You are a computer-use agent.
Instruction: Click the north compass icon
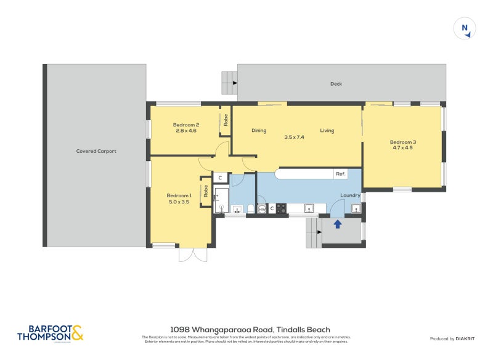pos(465,29)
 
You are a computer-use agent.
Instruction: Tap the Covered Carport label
pos(96,151)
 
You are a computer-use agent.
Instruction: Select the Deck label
pos(336,84)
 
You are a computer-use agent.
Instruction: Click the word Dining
pos(259,131)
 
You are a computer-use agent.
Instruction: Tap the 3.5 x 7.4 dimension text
pos(294,137)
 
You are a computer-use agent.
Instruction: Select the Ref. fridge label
pos(340,174)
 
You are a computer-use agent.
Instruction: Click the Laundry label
pos(350,196)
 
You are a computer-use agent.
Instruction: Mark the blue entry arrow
pos(338,224)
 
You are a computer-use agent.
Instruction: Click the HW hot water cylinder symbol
pos(262,210)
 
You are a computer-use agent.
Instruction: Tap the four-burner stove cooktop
pos(281,209)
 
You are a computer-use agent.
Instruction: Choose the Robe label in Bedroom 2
pos(226,121)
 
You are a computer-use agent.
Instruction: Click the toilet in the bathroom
pos(250,210)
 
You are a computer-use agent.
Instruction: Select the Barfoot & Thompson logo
pos(50,333)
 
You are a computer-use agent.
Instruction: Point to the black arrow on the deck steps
pos(234,82)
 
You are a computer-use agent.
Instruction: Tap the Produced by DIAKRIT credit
pos(450,338)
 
